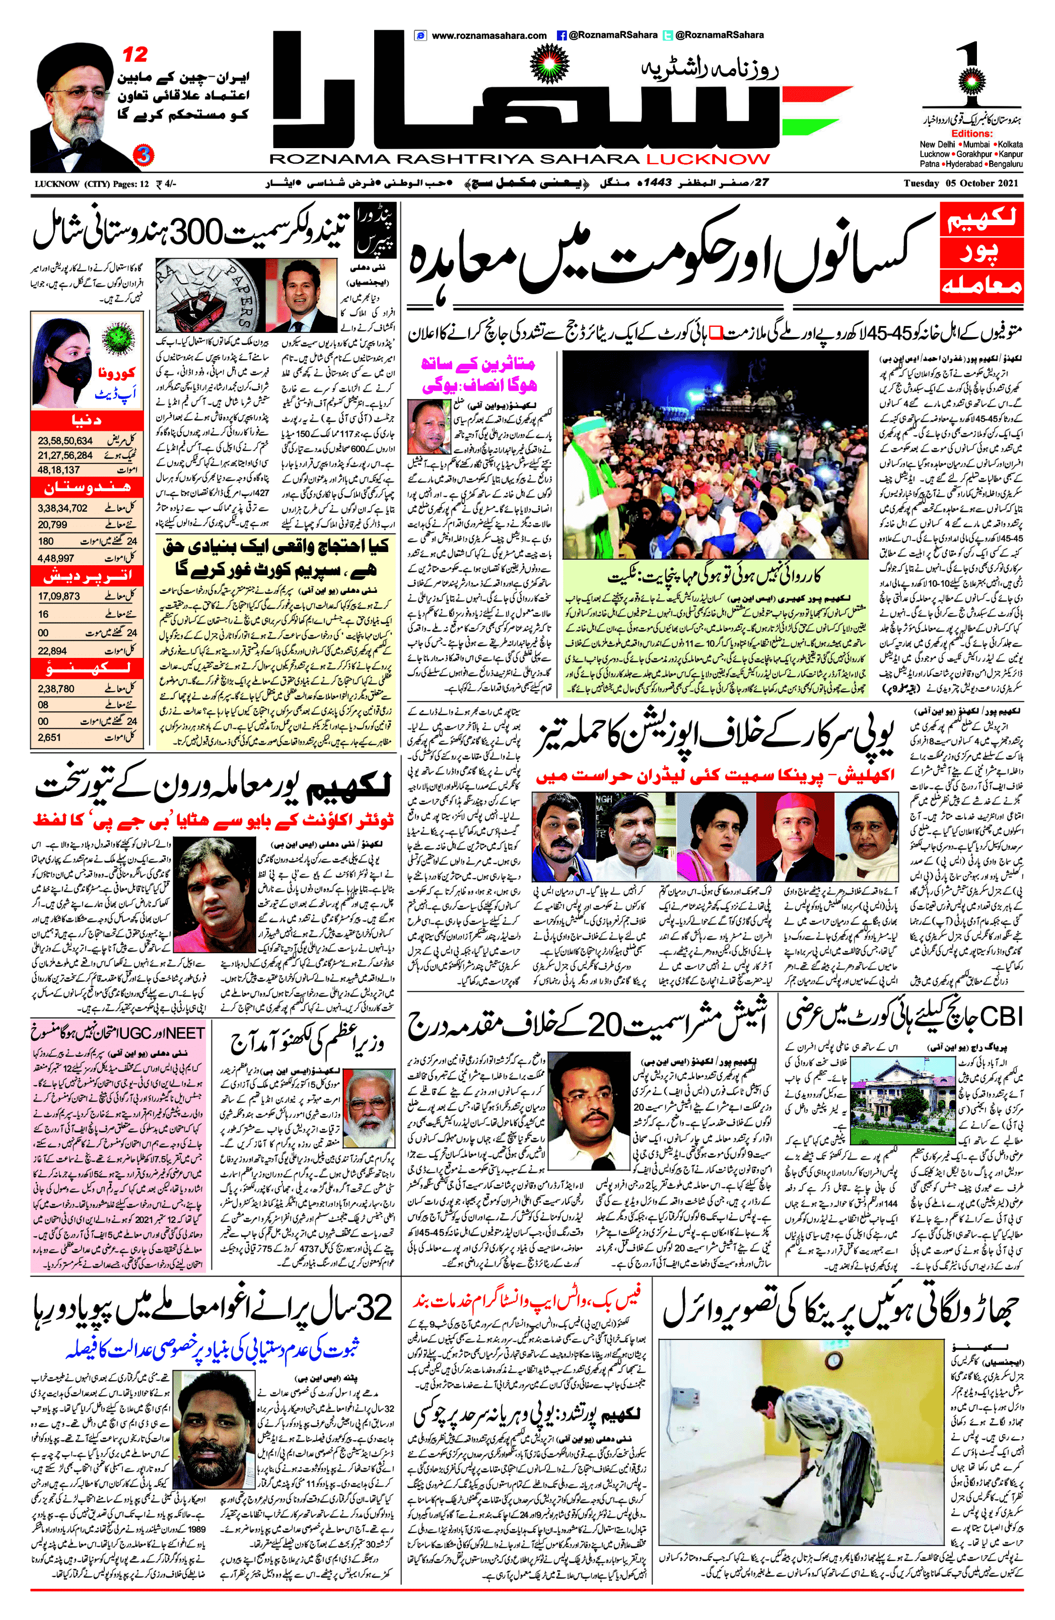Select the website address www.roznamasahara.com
[x=488, y=35]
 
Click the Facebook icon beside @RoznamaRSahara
[x=561, y=35]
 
